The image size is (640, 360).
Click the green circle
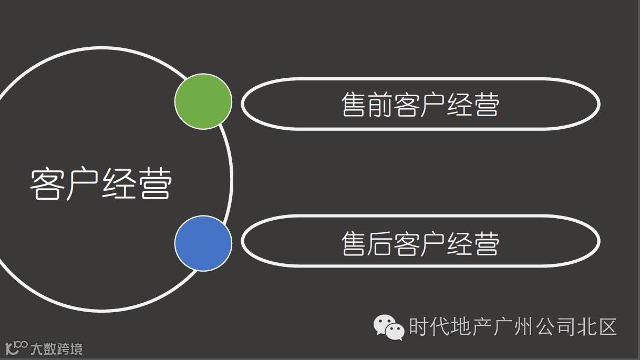203,101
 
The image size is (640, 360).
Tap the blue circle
203,243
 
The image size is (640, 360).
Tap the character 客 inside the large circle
47,184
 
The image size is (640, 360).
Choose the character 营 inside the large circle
156,184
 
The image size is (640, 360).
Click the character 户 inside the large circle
83,184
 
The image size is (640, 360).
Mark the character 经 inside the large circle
119,184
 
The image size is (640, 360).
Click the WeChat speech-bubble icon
389,327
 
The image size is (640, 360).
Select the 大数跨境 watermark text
57,348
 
